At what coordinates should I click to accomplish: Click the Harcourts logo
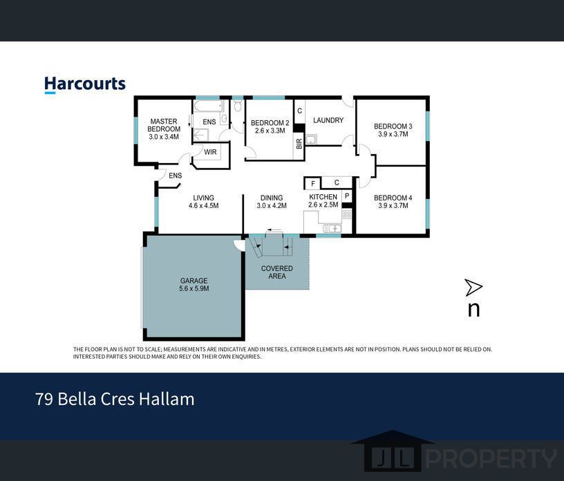[85, 85]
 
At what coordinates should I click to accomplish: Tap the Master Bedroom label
[164, 125]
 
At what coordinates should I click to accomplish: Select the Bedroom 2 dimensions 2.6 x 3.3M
[270, 131]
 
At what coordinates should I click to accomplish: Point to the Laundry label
[328, 120]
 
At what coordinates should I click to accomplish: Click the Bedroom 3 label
[393, 126]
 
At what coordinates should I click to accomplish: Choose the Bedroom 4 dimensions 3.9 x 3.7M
[393, 206]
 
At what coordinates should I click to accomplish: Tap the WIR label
[210, 152]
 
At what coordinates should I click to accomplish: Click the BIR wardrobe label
[299, 144]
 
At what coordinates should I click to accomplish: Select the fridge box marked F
[312, 183]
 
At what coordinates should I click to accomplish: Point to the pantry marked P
[347, 196]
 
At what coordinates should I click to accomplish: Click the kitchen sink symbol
[332, 229]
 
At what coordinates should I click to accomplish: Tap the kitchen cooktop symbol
[347, 215]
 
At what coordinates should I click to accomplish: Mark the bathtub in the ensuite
[209, 106]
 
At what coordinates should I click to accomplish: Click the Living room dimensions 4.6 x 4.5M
[204, 206]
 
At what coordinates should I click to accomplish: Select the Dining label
[272, 198]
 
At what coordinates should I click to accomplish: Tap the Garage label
[194, 281]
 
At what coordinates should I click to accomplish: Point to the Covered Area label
[277, 272]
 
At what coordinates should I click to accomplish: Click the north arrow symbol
[473, 287]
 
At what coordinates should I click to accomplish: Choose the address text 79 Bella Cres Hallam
[115, 399]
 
